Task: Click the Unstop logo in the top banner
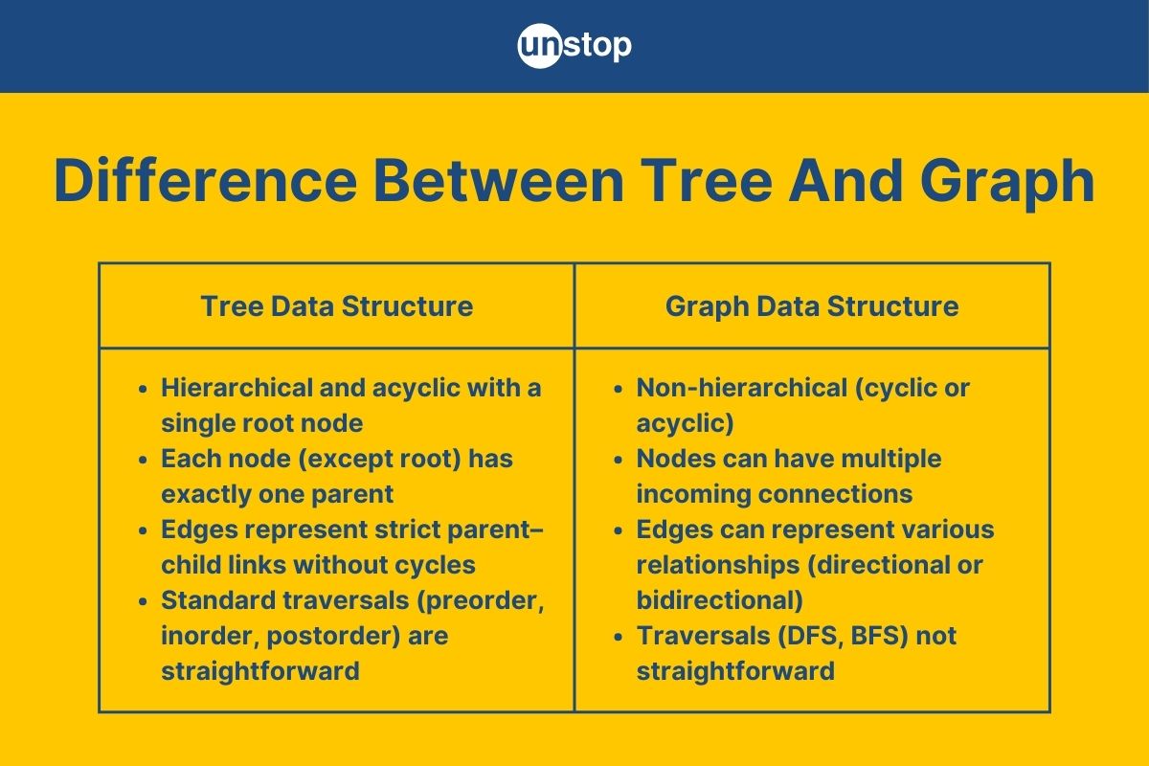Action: point(574,46)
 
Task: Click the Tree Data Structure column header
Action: point(336,305)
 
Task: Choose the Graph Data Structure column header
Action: point(812,305)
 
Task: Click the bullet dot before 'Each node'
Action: point(143,460)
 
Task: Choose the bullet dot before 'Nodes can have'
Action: point(619,460)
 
